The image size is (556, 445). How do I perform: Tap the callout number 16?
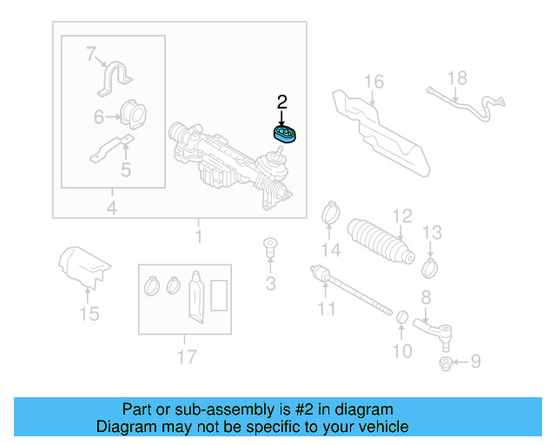tap(373, 83)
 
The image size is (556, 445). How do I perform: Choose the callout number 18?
tap(457, 78)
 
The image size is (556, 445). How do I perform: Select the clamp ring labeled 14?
tap(330, 211)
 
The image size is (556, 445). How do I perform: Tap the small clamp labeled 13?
tap(430, 261)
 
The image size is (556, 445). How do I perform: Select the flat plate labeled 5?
tap(112, 149)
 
